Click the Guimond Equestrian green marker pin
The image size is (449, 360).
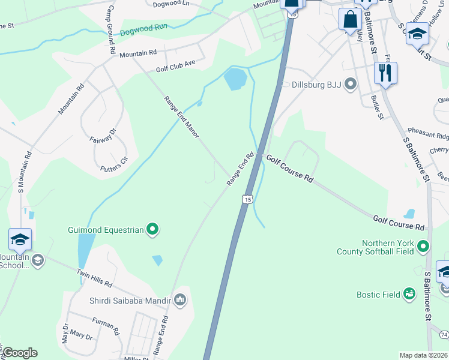152,229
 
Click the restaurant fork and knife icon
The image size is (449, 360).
385,73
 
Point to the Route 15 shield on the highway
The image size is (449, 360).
247,198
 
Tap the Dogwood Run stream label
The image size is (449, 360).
143,29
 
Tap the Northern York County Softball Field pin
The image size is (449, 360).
424,247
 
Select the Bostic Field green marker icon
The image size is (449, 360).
409,294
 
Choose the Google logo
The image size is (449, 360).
20,353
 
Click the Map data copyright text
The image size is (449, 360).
423,355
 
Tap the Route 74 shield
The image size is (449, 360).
444,334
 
